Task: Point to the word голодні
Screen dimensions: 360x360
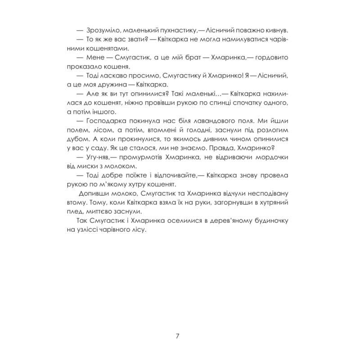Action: tap(185, 131)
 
